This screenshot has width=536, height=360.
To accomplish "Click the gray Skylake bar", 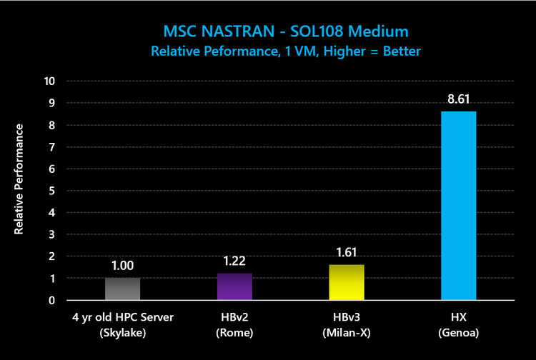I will (123, 289).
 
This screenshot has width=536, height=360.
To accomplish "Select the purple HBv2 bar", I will (234, 286).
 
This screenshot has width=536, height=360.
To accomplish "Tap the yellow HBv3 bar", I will (347, 282).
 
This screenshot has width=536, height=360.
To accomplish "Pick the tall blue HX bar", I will (458, 206).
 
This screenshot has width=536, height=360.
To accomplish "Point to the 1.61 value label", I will (347, 253).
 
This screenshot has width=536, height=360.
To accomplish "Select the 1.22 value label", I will (234, 261).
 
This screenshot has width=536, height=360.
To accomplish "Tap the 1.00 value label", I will (123, 266).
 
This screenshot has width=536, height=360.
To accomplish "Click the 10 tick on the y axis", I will (49, 81).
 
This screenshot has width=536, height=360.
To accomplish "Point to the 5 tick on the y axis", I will (51, 191).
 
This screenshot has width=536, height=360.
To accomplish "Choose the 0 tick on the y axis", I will (51, 300).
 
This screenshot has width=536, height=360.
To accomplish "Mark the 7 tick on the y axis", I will (51, 147).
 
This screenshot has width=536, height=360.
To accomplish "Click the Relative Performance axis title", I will (20, 179).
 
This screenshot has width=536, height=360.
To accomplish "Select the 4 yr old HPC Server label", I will (123, 316).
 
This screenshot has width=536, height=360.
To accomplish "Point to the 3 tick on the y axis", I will (51, 234).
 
